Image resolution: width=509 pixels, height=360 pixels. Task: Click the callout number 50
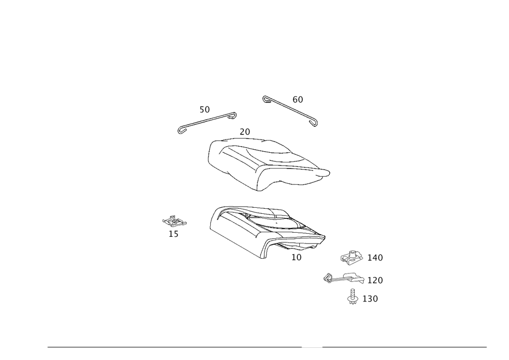205,109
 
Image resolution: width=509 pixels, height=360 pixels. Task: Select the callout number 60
298,100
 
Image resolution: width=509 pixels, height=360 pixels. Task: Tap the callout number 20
245,132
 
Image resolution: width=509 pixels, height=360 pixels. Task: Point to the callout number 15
174,234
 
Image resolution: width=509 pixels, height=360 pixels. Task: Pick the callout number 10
296,258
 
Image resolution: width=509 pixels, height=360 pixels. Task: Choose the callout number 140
375,258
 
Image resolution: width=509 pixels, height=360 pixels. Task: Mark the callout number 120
375,280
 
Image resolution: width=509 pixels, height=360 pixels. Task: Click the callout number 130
370,299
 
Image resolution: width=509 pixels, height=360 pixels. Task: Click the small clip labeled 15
174,221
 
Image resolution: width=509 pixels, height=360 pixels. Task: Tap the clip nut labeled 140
352,257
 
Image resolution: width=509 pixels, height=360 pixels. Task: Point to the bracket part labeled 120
344,278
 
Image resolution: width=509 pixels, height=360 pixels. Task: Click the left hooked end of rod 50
181,130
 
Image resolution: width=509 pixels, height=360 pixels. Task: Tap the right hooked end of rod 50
233,115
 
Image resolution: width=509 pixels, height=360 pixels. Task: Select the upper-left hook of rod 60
266,98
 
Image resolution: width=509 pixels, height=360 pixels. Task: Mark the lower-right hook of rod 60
314,122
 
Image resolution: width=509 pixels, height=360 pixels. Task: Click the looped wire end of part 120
328,278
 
